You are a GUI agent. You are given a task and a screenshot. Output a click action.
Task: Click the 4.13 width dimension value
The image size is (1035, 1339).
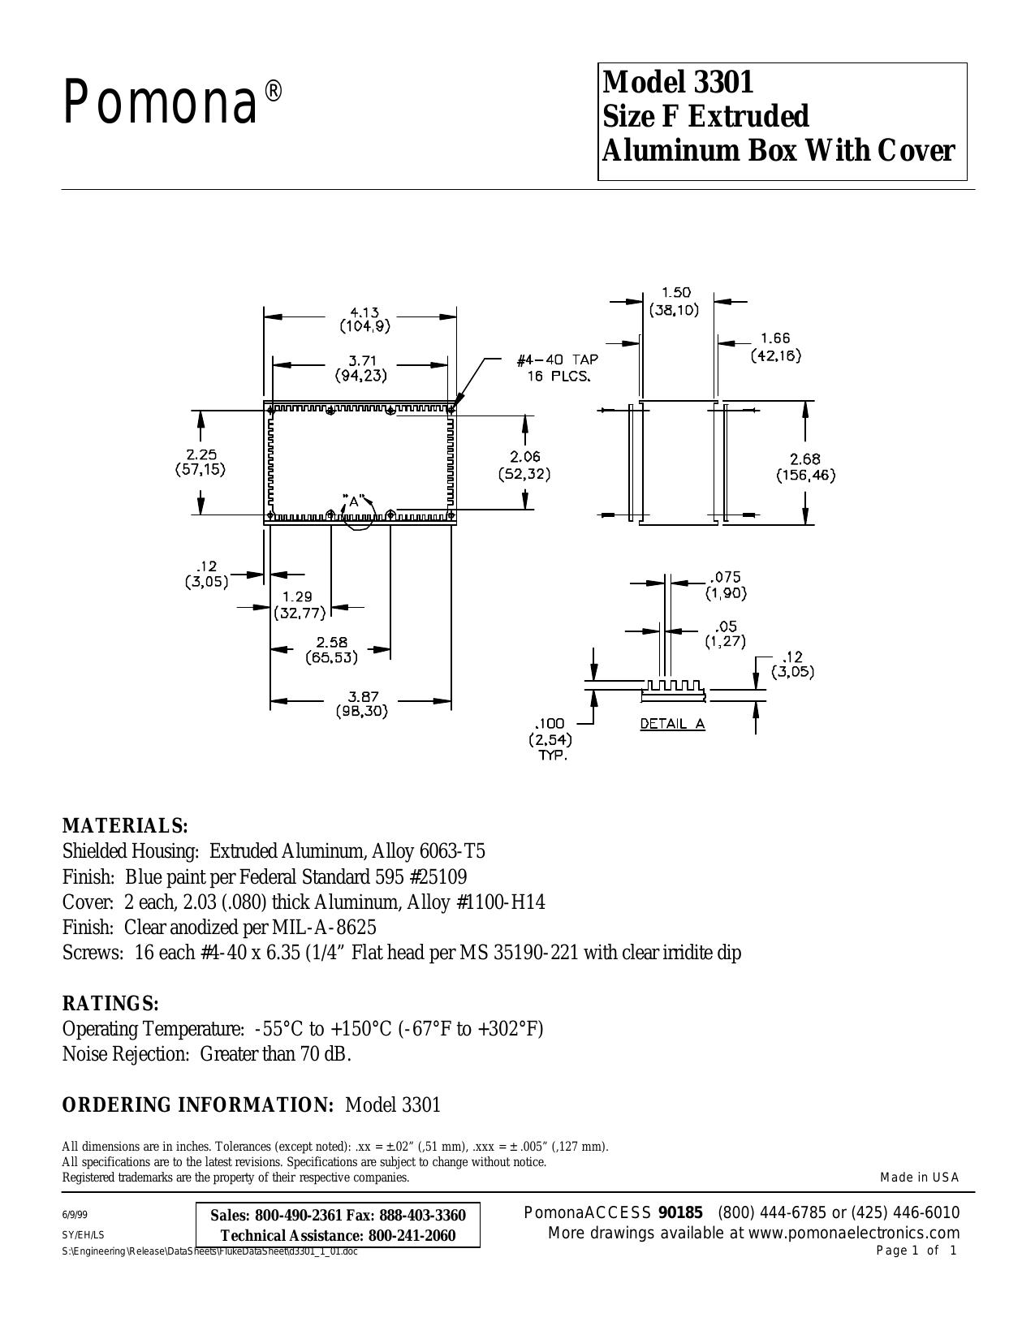pyautogui.click(x=365, y=312)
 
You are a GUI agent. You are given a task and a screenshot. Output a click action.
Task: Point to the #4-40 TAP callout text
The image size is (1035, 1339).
pyautogui.click(x=558, y=360)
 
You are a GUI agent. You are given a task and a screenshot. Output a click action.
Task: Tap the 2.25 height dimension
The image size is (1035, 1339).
pyautogui.click(x=201, y=454)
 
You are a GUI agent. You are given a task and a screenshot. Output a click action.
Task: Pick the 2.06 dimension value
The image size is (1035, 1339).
pyautogui.click(x=524, y=457)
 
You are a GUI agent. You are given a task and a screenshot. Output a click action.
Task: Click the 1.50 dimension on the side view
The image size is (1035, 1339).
pyautogui.click(x=675, y=293)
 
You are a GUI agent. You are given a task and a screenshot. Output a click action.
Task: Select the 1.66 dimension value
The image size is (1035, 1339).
pyautogui.click(x=775, y=338)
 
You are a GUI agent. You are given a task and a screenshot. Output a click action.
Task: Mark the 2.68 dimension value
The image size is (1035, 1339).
pyautogui.click(x=806, y=459)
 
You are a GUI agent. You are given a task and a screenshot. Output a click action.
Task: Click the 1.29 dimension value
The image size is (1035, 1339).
pyautogui.click(x=297, y=596)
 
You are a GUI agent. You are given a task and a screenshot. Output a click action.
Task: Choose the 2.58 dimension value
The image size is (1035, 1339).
pyautogui.click(x=332, y=642)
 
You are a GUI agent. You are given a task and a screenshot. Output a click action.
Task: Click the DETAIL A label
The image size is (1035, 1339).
pyautogui.click(x=672, y=724)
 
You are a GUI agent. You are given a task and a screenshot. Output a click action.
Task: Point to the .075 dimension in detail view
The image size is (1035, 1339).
pyautogui.click(x=724, y=577)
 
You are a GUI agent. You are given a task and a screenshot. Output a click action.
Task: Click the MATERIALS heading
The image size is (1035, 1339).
pyautogui.click(x=125, y=825)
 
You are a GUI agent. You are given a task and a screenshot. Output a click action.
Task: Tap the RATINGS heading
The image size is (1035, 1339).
pyautogui.click(x=111, y=1003)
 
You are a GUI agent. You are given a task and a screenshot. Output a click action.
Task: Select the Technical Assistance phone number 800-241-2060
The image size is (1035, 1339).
pyautogui.click(x=412, y=1235)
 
